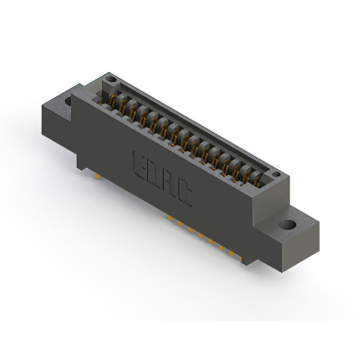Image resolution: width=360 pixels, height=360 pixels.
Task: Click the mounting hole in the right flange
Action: pyautogui.click(x=289, y=224)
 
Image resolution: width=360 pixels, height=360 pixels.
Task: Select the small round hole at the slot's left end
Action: pyautogui.click(x=111, y=79)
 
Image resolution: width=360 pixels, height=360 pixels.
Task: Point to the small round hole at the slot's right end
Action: pyautogui.click(x=276, y=175)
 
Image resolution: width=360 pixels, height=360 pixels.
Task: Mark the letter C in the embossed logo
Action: pyautogui.click(x=186, y=192)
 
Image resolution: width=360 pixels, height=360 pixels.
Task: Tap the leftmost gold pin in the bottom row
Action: pyautogui.click(x=169, y=217)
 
